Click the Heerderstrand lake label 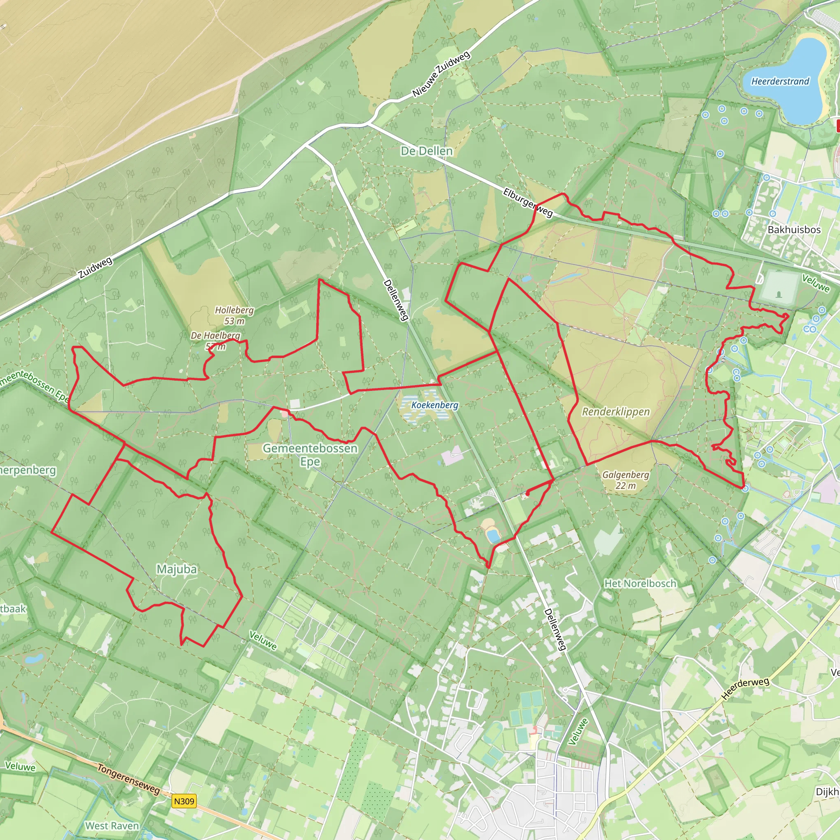tap(780, 81)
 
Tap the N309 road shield tap(184, 801)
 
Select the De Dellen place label tap(427, 151)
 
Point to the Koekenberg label tap(435, 405)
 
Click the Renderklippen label tap(616, 411)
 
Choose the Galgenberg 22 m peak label tap(625, 480)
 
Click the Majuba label tap(176, 569)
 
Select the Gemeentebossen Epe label tap(310, 454)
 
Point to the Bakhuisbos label tap(794, 230)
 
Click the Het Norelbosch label tap(640, 584)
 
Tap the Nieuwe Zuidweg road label tap(441, 74)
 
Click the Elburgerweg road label tap(528, 203)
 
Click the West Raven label tap(112, 826)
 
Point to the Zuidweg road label tap(96, 267)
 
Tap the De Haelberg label tap(215, 335)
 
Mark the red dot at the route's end tap(527, 493)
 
